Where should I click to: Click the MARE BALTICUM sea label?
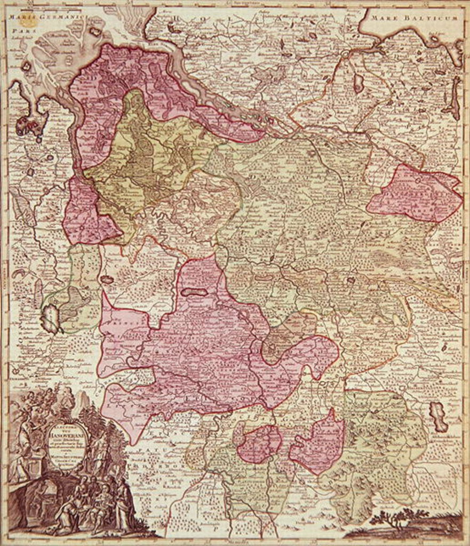tap(415, 18)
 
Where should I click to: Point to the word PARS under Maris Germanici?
tap(19, 31)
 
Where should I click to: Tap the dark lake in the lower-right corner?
tap(439, 416)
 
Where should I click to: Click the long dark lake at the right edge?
tap(455, 99)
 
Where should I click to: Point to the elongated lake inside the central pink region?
tap(193, 292)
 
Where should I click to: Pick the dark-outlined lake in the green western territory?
tap(51, 319)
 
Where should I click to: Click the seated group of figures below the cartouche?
tap(91, 504)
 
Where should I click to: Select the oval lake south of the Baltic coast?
tap(359, 83)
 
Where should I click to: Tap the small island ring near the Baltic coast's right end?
tap(433, 38)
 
